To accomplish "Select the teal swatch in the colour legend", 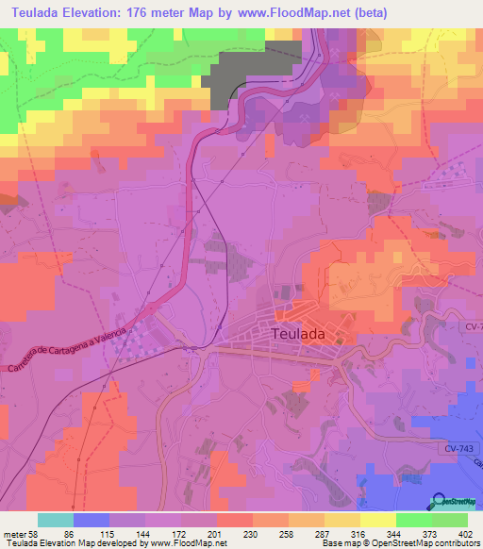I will coord(56,520).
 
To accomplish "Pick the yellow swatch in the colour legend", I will coord(377,520).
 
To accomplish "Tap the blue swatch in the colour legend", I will coord(92,520).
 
